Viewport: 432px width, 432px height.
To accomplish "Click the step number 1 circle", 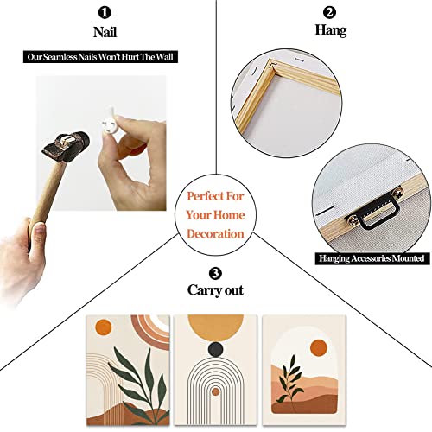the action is coord(105,13).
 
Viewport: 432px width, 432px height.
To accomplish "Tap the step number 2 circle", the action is coord(329,12).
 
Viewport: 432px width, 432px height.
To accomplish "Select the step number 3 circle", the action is coord(215,273).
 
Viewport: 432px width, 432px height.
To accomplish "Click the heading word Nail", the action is coord(105,32).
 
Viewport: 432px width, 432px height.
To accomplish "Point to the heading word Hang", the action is coord(330,30).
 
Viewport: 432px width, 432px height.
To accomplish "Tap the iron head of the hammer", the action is coord(67,146).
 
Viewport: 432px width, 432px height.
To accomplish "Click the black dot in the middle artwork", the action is coord(215,349).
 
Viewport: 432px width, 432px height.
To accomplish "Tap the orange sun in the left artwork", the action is coord(104,327).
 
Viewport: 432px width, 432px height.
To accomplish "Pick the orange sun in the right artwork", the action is coord(319,347).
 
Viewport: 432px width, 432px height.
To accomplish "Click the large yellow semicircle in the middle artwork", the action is coord(215,327).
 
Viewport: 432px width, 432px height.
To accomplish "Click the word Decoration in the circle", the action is coord(215,234).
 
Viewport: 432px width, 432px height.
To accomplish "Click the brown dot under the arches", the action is coord(215,391).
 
